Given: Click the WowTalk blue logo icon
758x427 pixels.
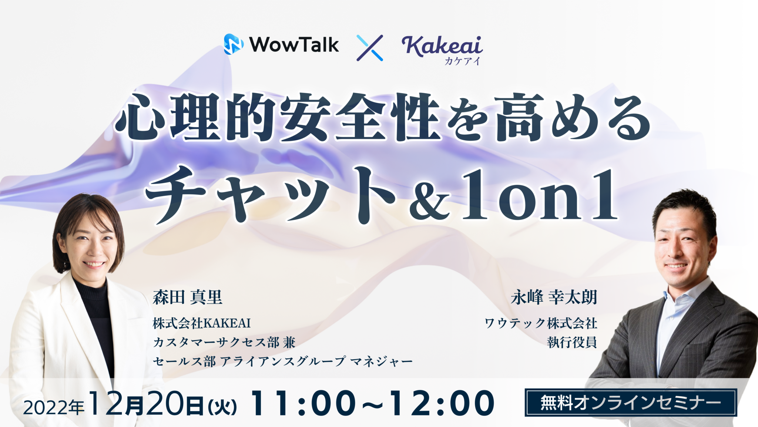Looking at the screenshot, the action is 234,44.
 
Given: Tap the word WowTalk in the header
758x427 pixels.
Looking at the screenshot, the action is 294,45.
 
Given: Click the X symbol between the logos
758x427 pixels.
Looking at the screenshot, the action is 370,48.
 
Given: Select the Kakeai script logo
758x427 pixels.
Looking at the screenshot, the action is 442,47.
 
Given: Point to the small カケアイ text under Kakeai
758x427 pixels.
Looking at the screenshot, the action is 462,61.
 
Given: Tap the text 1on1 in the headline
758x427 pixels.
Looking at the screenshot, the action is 539,195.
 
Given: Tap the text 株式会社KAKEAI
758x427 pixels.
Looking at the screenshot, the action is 202,323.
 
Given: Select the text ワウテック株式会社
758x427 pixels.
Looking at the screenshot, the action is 541,323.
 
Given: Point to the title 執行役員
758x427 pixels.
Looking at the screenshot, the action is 572,342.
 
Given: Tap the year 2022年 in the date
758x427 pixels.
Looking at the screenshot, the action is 54,407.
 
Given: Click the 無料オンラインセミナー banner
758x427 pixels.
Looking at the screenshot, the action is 631,403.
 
